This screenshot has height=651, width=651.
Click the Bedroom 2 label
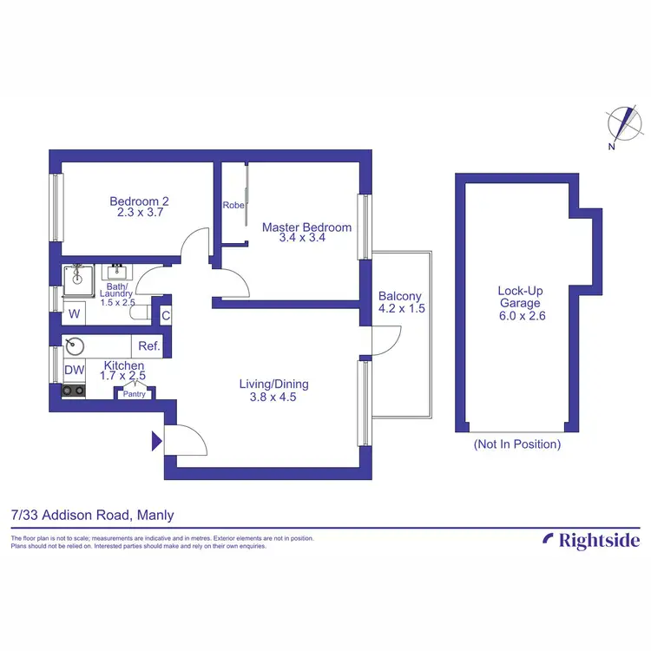[135, 201]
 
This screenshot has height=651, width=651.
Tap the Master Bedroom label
[306, 227]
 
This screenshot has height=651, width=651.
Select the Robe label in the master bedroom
[233, 206]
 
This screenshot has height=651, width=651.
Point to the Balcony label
[399, 296]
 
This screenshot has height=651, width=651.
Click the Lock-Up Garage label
[519, 297]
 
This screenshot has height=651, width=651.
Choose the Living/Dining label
[274, 384]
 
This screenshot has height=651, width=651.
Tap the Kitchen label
[123, 366]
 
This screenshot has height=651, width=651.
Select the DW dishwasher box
[75, 371]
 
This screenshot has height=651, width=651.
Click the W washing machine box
[75, 313]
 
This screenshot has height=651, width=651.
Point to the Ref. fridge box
[149, 346]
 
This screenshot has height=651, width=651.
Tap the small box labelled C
[165, 314]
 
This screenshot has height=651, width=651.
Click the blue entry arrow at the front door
[157, 441]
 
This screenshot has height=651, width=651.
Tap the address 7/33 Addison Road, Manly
[92, 516]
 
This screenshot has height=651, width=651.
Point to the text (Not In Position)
[516, 444]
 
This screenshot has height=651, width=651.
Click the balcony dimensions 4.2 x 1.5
[402, 309]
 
